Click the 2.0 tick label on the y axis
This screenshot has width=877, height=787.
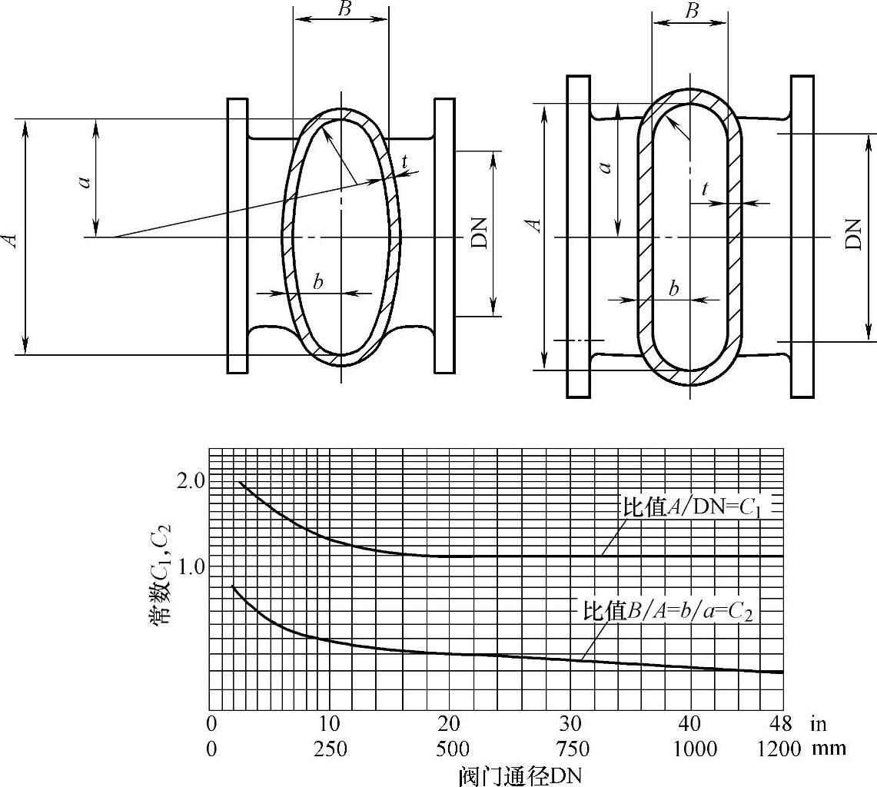pyautogui.click(x=190, y=480)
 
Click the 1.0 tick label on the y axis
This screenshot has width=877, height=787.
pyautogui.click(x=190, y=567)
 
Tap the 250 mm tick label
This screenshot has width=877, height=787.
pyautogui.click(x=330, y=749)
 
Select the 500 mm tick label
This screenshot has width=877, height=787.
pyautogui.click(x=451, y=749)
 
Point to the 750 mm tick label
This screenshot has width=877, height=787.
pyautogui.click(x=572, y=749)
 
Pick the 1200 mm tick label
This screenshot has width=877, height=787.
pyautogui.click(x=779, y=749)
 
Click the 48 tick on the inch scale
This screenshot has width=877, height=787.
pyautogui.click(x=781, y=724)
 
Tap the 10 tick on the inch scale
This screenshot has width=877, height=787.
pyautogui.click(x=330, y=724)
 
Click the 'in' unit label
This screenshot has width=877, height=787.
pyautogui.click(x=818, y=724)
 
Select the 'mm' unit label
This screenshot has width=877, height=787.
pyautogui.click(x=829, y=749)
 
